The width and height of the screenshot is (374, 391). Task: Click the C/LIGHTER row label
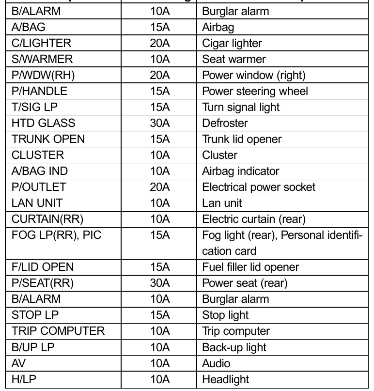point(41,43)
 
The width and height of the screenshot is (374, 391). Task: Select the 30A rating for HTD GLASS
point(160,123)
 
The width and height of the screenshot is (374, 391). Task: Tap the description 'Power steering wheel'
point(255,91)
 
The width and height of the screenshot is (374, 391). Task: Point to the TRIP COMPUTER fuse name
point(58,331)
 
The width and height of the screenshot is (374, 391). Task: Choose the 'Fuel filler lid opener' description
point(250,267)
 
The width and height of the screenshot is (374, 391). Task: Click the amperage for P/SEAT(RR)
point(160,283)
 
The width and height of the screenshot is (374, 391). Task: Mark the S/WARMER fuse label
point(42,59)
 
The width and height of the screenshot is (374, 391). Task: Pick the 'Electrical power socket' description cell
point(259,187)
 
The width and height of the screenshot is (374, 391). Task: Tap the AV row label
point(18,363)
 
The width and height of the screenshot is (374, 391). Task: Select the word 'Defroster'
point(225,123)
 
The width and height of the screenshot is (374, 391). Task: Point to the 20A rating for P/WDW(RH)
point(160,75)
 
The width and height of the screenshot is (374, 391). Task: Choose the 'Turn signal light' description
point(241,107)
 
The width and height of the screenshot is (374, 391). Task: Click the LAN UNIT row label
point(37,203)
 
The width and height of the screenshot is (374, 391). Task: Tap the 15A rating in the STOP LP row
point(160,315)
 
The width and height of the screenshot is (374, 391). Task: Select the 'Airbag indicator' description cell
point(241,171)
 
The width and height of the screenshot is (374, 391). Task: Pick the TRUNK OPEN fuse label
point(48,139)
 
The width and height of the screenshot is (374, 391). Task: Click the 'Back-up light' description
point(234,347)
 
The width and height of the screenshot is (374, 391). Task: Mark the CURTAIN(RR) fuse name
point(47,219)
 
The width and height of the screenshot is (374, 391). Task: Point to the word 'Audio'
point(216,363)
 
